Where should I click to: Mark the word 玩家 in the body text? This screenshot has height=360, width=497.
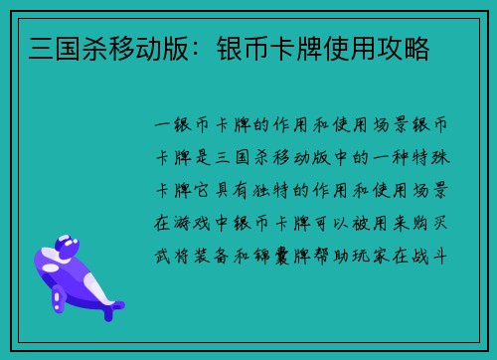[392, 255]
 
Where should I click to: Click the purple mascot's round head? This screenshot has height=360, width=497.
[69, 245]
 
